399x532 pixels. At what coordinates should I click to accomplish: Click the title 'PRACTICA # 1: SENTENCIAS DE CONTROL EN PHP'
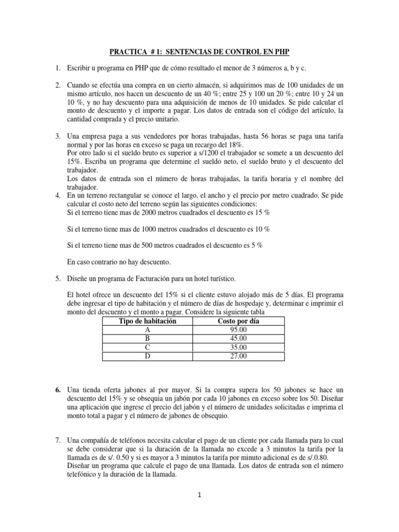[199, 52]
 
